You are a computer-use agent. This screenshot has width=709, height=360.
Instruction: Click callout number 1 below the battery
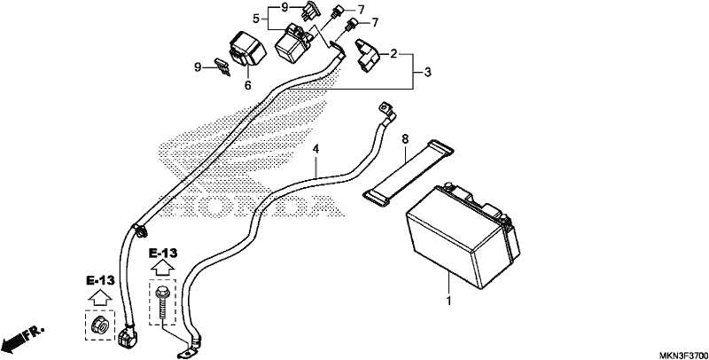[x=449, y=301]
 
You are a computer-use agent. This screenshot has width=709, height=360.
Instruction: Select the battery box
[x=463, y=235]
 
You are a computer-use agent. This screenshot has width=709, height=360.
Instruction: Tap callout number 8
[x=405, y=139]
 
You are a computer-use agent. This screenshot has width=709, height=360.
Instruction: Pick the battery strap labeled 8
[x=409, y=171]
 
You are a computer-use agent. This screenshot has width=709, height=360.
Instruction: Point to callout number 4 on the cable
[x=316, y=149]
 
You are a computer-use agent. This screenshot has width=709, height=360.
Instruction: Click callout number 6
[x=248, y=85]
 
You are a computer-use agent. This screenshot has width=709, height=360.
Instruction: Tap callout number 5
[x=256, y=19]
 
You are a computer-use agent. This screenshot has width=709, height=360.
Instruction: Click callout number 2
[x=393, y=54]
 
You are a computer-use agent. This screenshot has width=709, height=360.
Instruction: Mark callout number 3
[x=427, y=72]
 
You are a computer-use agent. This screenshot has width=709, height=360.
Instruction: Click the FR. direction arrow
[x=23, y=336]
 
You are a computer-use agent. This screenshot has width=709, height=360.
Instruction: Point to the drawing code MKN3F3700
[x=682, y=354]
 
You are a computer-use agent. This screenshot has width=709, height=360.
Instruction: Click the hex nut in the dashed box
[x=99, y=325]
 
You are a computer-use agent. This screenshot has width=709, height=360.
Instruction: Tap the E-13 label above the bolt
[x=163, y=254]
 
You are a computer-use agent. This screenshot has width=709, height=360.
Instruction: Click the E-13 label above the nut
[x=100, y=280]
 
